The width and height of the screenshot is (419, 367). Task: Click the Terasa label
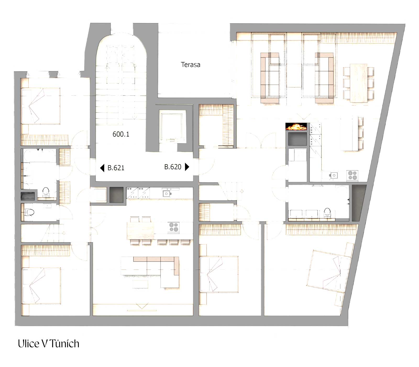pos(190,65)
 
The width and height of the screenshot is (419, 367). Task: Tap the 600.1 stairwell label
pos(121,134)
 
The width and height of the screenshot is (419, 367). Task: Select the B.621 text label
pos(116,168)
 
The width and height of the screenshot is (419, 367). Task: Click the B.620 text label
pos(173,167)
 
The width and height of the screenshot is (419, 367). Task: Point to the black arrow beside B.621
pos(102,168)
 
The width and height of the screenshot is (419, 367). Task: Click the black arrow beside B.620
pos(187,167)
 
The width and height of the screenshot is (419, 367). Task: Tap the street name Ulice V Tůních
pos(48,344)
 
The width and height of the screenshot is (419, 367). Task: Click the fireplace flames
pos(296,127)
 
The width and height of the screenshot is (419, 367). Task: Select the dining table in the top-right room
pos(359,83)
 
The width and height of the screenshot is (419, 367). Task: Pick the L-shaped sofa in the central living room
pos(157,271)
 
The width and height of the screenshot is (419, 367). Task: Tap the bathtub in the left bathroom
pos(39,156)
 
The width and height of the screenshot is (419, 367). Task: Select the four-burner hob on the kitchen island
pos(174,227)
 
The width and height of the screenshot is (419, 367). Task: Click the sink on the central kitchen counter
pos(167,193)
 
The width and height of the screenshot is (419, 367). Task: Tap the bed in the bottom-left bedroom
pos(42,286)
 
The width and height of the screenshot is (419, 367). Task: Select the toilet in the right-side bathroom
pos(327,213)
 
